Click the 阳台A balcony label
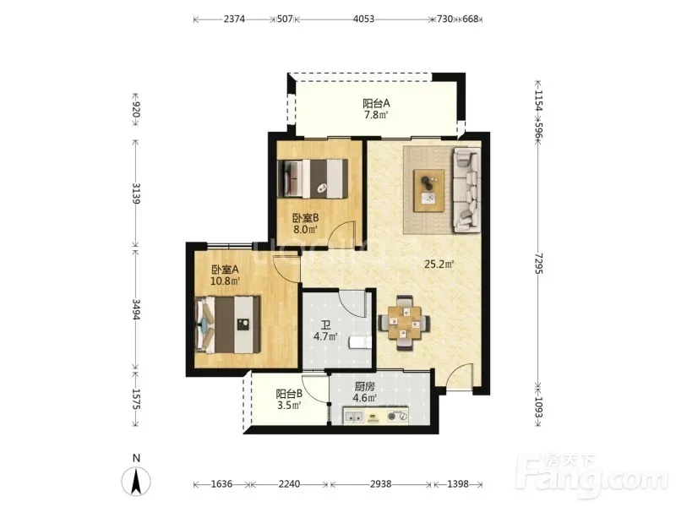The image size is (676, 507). click(x=376, y=103)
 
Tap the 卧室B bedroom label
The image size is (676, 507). click(x=306, y=218)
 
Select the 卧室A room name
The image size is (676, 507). click(x=225, y=270)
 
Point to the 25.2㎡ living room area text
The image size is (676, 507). click(x=439, y=264)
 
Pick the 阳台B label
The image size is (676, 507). click(x=289, y=394)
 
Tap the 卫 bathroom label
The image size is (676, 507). click(x=326, y=325)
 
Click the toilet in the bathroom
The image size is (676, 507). click(x=361, y=343)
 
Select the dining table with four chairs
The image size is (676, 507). click(x=404, y=324)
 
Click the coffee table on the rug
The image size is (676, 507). click(x=428, y=191)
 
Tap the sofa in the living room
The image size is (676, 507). click(x=466, y=189)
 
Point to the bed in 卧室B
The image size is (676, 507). click(x=313, y=179)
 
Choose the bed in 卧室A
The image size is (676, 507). click(x=227, y=324)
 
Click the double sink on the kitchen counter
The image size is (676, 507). click(x=354, y=417)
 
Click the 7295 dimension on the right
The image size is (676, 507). click(x=538, y=264)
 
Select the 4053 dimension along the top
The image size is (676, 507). click(x=363, y=19)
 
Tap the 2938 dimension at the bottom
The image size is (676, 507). click(x=381, y=484)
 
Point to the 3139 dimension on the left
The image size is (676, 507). click(x=136, y=194)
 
